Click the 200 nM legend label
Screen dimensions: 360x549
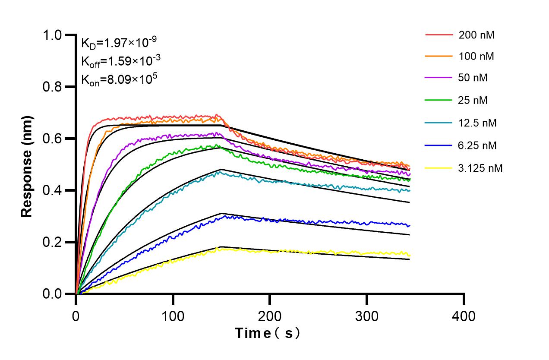coord(476,35)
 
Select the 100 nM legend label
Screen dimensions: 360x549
coord(476,57)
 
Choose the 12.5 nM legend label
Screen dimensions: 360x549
coord(477,123)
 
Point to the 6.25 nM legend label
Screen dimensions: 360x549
coord(477,145)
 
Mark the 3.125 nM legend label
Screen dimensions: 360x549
coord(480,168)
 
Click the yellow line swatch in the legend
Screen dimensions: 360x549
coord(439,168)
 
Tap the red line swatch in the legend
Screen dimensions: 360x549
coord(439,35)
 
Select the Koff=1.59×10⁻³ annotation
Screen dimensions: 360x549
coord(119,61)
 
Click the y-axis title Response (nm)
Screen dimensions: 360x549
coord(27,166)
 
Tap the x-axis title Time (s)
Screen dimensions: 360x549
coord(267,333)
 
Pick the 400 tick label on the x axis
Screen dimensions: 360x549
coord(464,316)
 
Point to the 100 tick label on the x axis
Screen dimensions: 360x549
coord(173,316)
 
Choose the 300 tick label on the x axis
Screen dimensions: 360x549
coord(366,316)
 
